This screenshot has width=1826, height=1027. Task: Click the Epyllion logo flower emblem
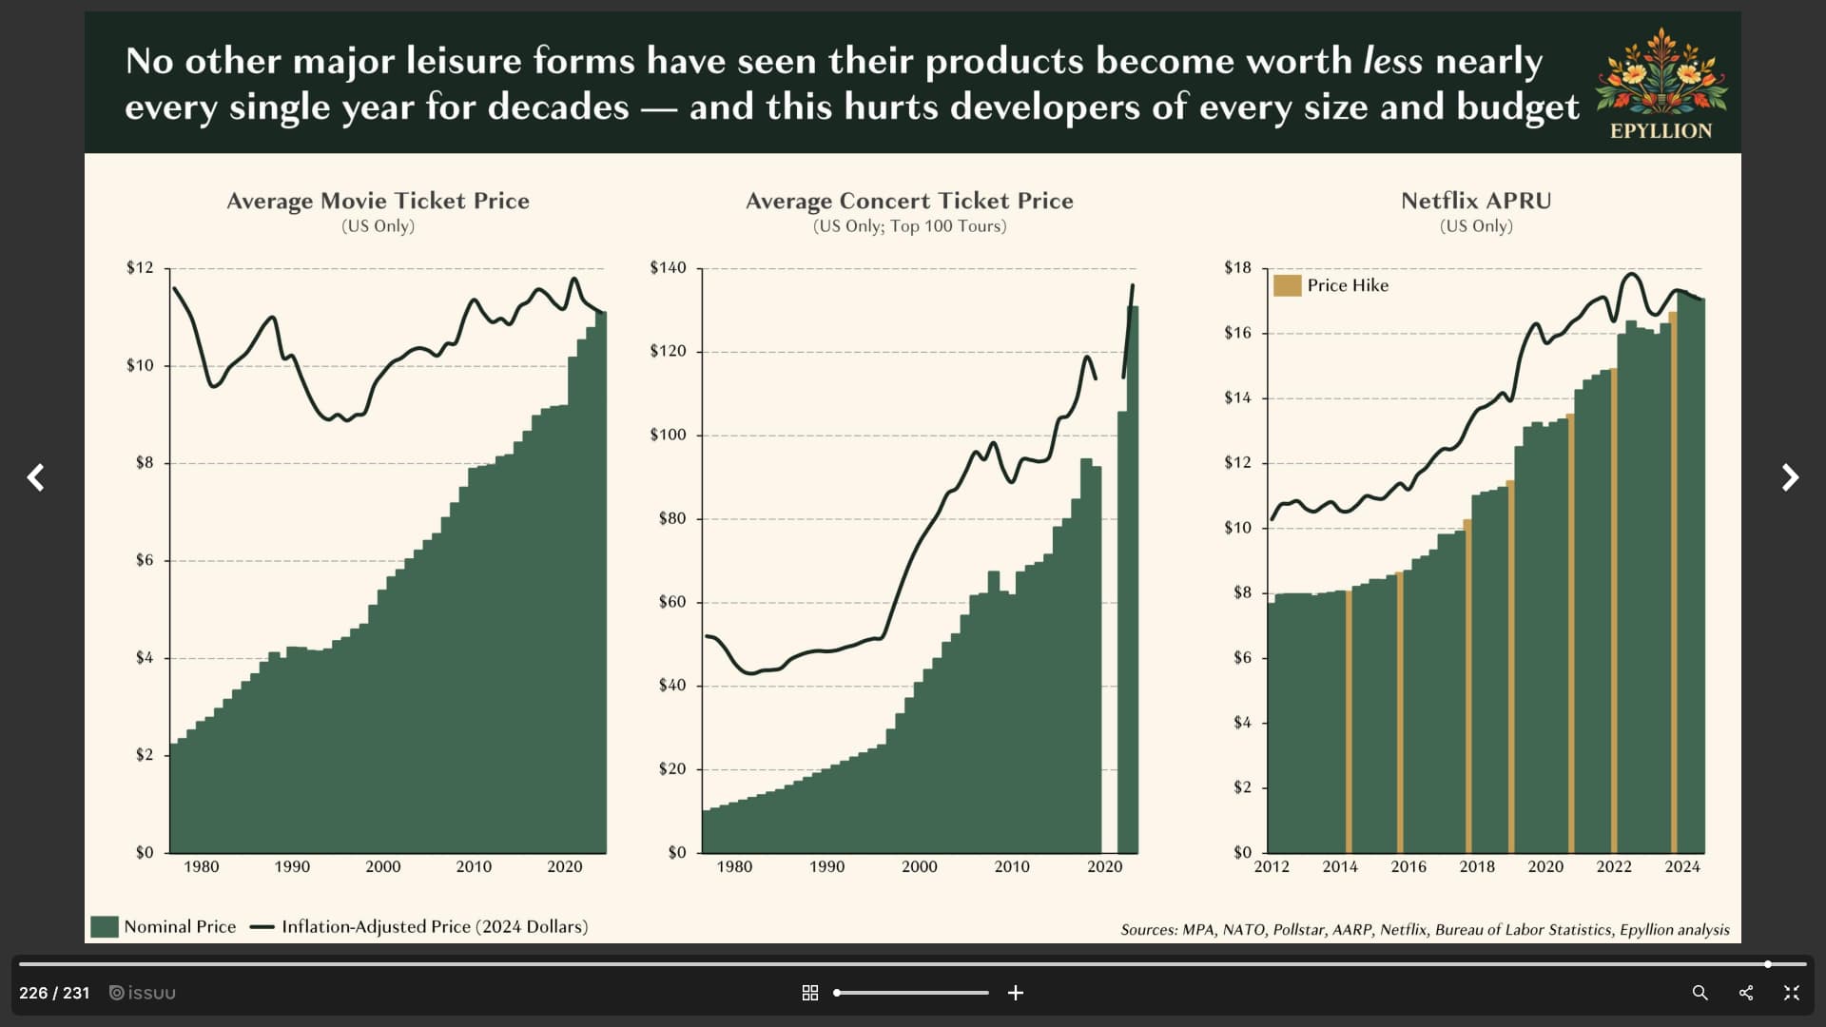coord(1661,71)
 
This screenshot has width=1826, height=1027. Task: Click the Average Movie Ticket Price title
coord(378,201)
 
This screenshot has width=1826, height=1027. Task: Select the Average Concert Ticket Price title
coord(909,201)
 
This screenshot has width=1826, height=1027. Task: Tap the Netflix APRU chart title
coord(1476,201)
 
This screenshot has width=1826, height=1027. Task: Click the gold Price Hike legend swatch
coord(1287,285)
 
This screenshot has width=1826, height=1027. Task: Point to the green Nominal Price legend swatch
coord(105,927)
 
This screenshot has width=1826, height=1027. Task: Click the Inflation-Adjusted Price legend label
coord(435,927)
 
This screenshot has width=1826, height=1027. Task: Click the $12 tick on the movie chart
coord(140,267)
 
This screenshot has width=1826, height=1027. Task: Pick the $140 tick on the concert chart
coord(668,267)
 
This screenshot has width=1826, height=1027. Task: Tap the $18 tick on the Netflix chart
coord(1237,267)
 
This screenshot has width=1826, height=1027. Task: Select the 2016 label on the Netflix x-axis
coord(1408,866)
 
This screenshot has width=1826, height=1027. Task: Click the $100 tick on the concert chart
coord(668,435)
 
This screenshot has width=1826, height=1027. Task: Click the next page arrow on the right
coord(1790,477)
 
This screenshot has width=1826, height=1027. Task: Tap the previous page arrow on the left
coord(36,477)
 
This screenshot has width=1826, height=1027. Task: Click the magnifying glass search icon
coord(1700,993)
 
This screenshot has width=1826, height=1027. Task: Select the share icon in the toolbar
coord(1746,993)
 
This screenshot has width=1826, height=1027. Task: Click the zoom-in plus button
coord(1016,993)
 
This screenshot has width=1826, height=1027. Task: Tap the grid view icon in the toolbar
coord(810,993)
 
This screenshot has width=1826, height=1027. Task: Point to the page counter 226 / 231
coord(54,993)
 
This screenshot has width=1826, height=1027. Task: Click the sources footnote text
coord(1425,930)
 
